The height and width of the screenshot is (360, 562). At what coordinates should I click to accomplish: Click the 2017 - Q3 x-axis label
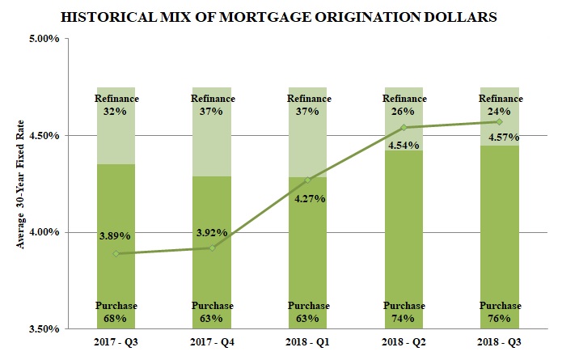(x=116, y=344)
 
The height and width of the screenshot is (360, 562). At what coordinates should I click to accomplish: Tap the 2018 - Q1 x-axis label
(x=307, y=344)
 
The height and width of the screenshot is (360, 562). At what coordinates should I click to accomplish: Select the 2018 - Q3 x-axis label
(x=499, y=344)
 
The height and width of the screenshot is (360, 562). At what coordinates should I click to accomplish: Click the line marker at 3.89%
(x=116, y=253)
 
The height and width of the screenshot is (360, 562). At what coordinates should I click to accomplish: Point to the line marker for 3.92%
(x=212, y=248)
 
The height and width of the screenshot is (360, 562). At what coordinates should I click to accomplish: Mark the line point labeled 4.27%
(x=307, y=180)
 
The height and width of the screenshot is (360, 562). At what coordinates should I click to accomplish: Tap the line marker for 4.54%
(x=404, y=127)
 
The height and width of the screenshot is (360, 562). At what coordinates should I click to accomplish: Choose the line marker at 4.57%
(x=499, y=121)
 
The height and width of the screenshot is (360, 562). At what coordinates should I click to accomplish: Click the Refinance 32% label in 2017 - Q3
(x=116, y=105)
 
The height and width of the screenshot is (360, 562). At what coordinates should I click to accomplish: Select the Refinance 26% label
(x=404, y=105)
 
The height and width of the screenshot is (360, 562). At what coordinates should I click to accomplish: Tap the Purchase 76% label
(x=500, y=312)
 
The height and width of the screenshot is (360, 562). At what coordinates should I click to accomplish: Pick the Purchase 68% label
(x=116, y=312)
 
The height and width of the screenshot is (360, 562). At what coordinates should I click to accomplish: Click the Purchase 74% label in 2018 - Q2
(x=404, y=312)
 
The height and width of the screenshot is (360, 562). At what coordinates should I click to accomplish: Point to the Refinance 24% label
(x=500, y=105)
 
